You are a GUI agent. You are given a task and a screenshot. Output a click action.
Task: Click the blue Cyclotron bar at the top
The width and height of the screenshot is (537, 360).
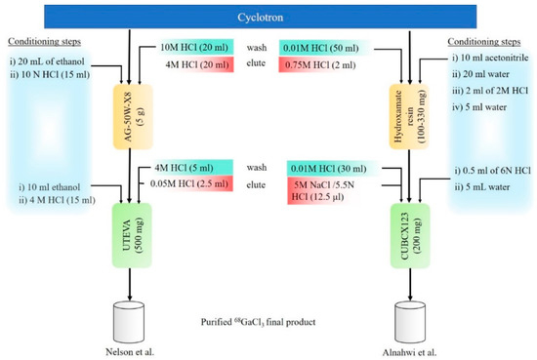coord(268,17)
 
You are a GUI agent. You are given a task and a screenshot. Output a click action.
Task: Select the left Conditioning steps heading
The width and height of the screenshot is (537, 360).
coord(43,41)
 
